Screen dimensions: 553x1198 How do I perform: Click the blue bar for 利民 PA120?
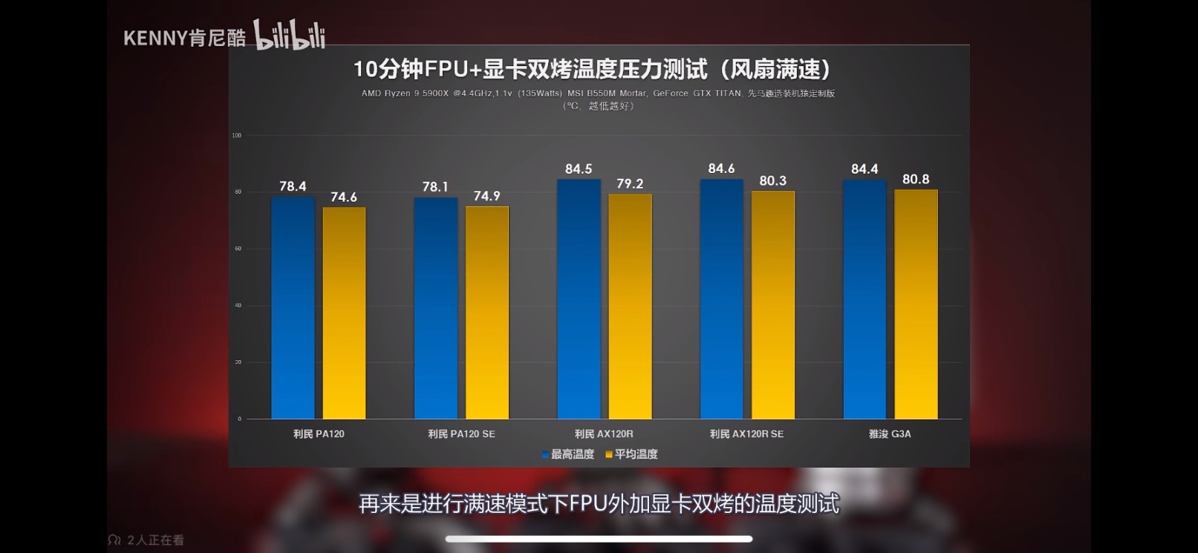(x=293, y=308)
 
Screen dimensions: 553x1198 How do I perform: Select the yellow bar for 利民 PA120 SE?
(x=487, y=313)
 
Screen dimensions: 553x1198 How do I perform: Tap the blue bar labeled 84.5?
(x=579, y=299)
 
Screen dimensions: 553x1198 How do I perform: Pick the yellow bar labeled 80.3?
(x=772, y=305)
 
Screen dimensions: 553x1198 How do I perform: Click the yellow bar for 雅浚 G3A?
(x=916, y=304)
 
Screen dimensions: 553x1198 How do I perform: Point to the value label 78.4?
(x=293, y=186)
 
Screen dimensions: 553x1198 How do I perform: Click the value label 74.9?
(x=487, y=196)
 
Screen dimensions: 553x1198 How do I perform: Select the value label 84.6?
(x=721, y=168)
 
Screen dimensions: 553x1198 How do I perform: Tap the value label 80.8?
(x=916, y=179)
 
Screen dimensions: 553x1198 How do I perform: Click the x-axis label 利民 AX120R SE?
(x=746, y=434)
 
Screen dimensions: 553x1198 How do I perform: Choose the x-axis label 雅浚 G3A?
(x=890, y=434)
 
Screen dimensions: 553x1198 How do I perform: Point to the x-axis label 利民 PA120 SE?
(x=461, y=434)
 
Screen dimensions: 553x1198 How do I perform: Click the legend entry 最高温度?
(x=569, y=454)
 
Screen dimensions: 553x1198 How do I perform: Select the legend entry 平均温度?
(x=633, y=454)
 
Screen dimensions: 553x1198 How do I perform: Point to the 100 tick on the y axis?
(x=237, y=135)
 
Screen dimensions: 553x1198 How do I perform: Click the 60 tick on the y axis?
(x=238, y=249)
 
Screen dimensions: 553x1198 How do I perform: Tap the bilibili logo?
(x=289, y=36)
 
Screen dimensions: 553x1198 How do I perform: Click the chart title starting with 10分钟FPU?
(x=593, y=69)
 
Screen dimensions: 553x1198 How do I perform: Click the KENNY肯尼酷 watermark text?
(x=184, y=39)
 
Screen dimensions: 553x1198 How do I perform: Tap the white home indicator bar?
(x=599, y=539)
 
